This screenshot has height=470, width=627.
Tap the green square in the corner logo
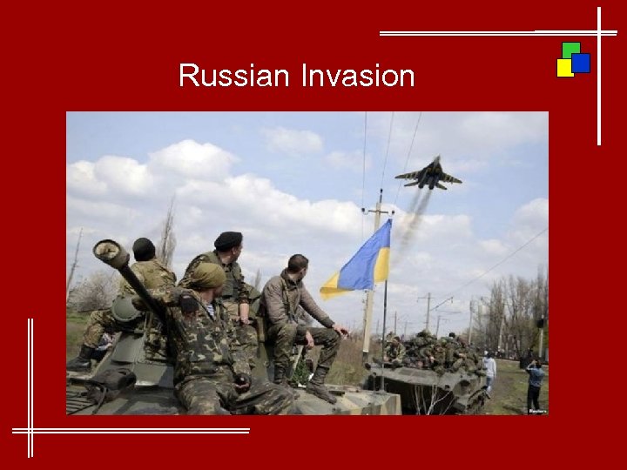570,50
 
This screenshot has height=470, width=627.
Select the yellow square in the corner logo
564,68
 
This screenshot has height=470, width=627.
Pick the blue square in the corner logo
581,63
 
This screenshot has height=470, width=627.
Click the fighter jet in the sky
428,174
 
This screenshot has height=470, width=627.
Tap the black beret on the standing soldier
228,240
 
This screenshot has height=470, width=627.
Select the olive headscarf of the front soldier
206,276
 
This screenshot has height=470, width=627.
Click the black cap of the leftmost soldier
144,249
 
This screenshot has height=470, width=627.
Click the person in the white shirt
490,369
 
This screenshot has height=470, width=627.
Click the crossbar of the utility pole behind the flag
378,210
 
